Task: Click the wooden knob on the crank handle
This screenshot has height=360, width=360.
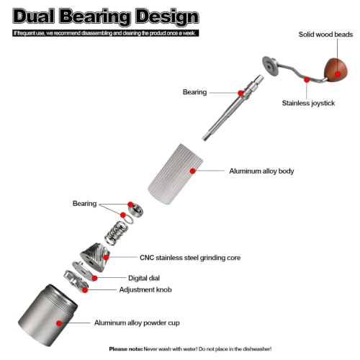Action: (336, 70)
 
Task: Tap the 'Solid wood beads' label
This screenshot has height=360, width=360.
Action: (325, 35)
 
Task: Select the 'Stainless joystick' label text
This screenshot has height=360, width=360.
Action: (308, 103)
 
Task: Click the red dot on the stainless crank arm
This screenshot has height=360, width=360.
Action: (307, 79)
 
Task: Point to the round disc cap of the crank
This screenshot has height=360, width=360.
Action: (271, 66)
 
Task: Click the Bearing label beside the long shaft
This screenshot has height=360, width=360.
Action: (194, 92)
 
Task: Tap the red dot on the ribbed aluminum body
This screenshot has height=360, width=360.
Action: (192, 171)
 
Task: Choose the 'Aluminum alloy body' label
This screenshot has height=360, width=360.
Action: (261, 171)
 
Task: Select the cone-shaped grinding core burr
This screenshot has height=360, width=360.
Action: (95, 257)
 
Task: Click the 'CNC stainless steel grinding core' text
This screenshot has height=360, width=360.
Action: (190, 258)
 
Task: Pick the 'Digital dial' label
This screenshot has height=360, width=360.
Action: (144, 278)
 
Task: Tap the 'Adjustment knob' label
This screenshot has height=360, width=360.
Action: (145, 289)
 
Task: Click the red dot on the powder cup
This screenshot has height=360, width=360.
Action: (59, 323)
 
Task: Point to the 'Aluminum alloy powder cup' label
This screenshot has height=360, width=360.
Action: (137, 323)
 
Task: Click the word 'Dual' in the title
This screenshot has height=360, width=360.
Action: (33, 17)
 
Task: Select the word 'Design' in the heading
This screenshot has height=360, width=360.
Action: (167, 17)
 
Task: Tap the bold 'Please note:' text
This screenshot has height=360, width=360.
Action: (126, 349)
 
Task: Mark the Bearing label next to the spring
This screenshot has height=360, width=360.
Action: (84, 204)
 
